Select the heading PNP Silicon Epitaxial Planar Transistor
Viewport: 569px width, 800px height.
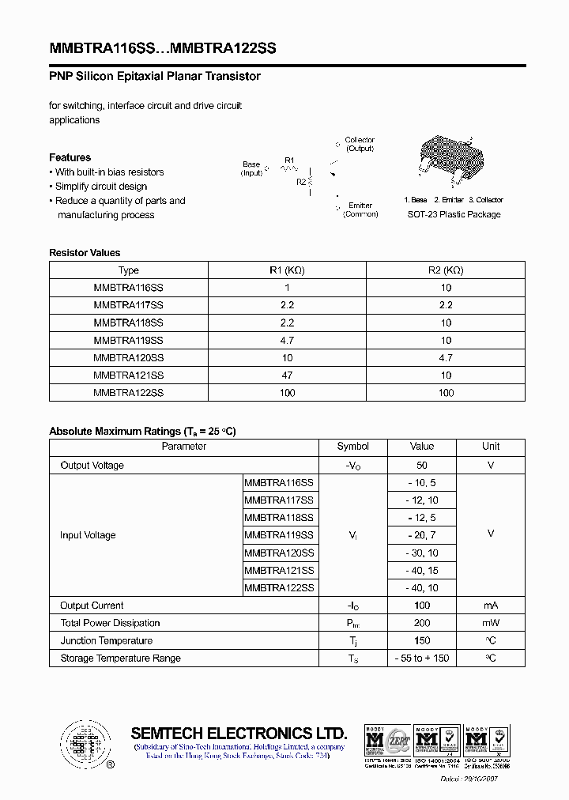coord(155,77)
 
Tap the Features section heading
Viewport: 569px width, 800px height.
coord(70,157)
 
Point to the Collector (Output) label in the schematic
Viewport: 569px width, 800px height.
coord(360,144)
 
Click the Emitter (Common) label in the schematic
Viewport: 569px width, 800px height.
coord(360,209)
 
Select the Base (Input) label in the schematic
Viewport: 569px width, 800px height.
coord(251,168)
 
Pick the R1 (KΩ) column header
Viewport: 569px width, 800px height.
coord(287,270)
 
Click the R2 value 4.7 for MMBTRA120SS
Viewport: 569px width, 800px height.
coord(446,357)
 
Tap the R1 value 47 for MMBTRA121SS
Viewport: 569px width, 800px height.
coord(287,375)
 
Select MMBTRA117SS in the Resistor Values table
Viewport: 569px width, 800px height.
coord(128,305)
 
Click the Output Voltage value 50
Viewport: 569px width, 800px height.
coord(422,466)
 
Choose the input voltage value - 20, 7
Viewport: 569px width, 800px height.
coord(422,535)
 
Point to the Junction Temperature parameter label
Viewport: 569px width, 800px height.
coord(106,640)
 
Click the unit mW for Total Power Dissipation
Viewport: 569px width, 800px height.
coord(491,623)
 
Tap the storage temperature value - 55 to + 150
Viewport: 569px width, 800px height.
coord(422,658)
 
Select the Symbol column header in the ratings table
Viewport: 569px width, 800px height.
coord(352,447)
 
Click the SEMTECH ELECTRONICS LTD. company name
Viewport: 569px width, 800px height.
coord(239,732)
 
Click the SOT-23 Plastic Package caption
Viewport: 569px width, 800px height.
coord(454,214)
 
